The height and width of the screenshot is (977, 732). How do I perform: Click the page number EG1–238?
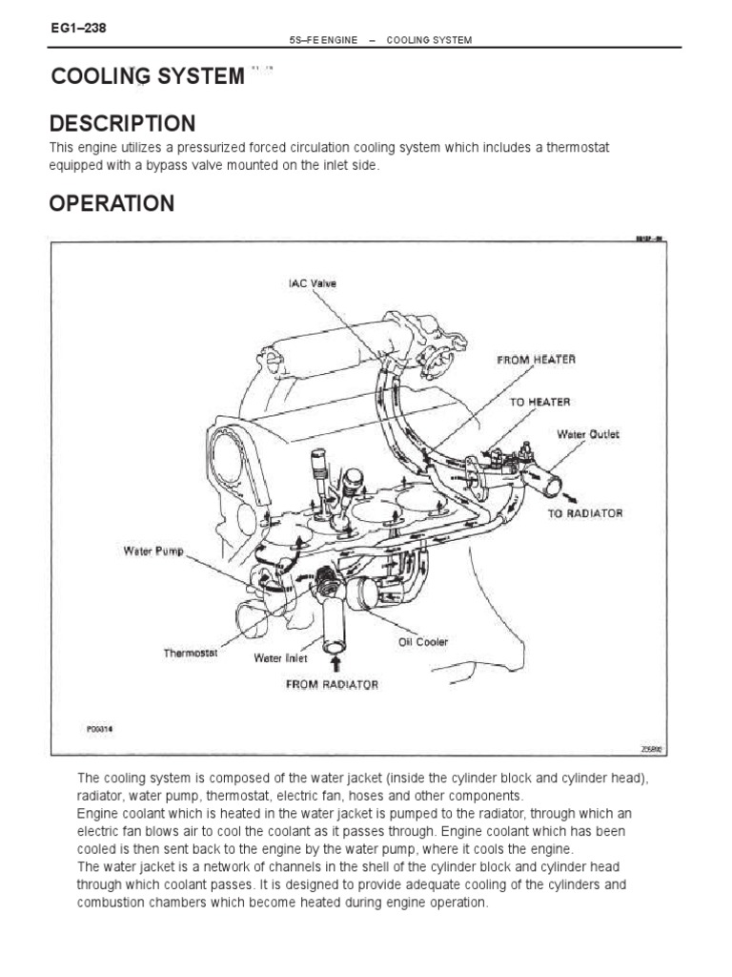(x=77, y=28)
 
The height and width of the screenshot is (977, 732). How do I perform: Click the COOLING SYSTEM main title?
(x=148, y=76)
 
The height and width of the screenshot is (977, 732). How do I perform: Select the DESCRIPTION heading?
(x=122, y=123)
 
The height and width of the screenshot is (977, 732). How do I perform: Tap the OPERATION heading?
(x=112, y=203)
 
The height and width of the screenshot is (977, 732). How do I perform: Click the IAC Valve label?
(x=313, y=283)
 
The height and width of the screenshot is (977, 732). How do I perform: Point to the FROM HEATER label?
(x=536, y=360)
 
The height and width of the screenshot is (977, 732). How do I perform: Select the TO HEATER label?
(x=539, y=403)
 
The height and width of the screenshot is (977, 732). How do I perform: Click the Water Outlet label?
(x=588, y=434)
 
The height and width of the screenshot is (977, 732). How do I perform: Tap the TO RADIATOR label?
(x=585, y=513)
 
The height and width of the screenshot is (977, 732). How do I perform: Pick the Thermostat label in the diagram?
(x=191, y=654)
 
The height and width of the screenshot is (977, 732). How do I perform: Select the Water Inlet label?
(x=279, y=657)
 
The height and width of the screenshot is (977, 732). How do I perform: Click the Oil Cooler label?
(x=422, y=641)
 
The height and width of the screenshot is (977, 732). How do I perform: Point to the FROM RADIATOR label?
(x=332, y=684)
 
